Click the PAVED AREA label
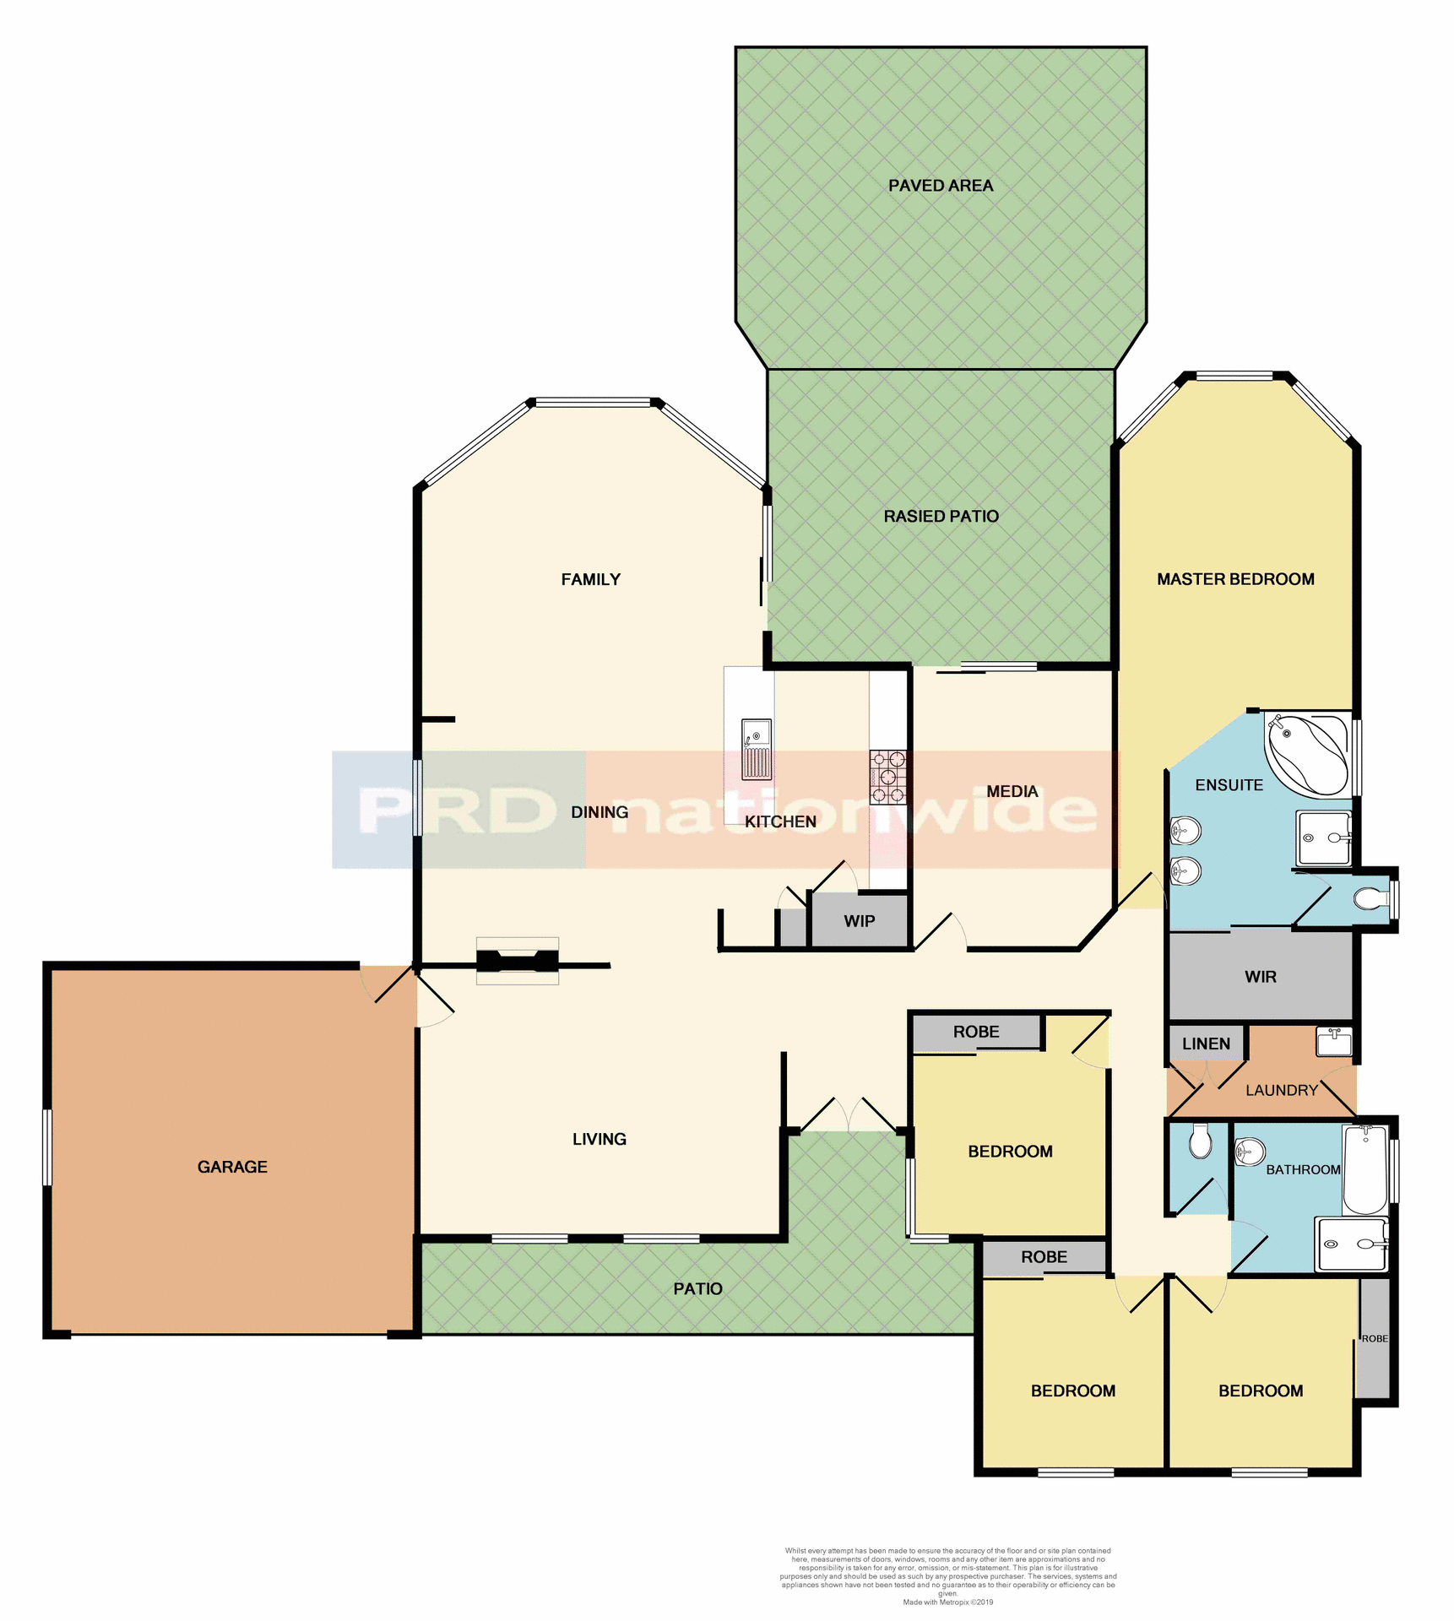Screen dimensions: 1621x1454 940,186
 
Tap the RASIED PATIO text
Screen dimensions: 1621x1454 941,516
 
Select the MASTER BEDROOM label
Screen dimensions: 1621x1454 1234,579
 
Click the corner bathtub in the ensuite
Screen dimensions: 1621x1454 1307,754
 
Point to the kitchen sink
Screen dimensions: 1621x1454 756,749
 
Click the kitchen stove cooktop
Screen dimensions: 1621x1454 887,777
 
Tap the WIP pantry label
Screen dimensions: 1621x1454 859,921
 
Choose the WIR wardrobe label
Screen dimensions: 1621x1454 1260,977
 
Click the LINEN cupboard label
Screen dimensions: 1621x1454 1206,1044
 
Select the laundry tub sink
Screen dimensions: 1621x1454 1334,1042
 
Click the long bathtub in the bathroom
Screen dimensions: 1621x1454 1364,1169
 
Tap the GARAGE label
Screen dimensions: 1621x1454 232,1167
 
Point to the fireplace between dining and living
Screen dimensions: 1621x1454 518,961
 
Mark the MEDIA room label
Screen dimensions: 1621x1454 1012,791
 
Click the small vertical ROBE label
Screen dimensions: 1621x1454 1374,1338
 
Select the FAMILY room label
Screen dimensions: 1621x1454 590,579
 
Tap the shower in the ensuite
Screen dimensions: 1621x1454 1323,838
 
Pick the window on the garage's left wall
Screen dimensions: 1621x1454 47,1147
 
